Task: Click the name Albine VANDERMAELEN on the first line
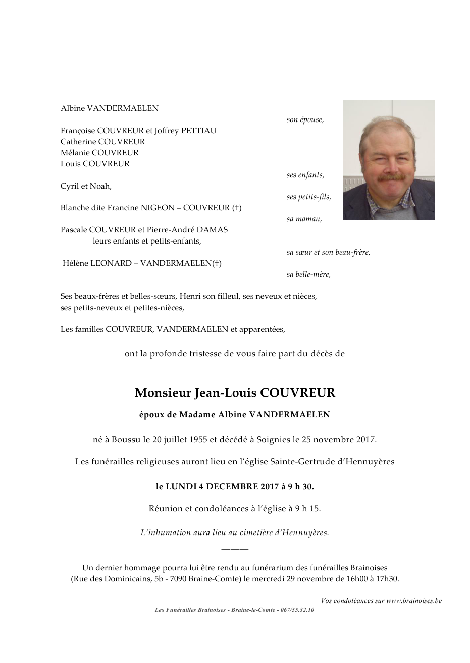pos(110,108)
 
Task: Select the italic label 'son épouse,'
pos(305,120)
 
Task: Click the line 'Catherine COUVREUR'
pos(102,142)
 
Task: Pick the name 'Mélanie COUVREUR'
pos(99,153)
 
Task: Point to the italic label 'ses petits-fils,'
pos(308,197)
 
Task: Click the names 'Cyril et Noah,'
pos(86,186)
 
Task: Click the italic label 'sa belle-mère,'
pos(308,275)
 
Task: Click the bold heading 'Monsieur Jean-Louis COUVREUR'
pos(235,393)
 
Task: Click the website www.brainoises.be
pos(414,601)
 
